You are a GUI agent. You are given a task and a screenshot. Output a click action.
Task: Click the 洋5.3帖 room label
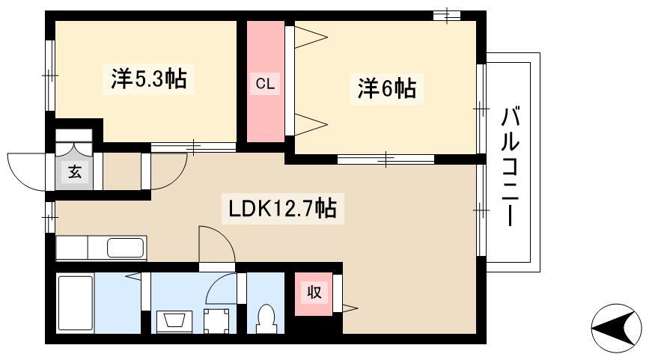coord(149,78)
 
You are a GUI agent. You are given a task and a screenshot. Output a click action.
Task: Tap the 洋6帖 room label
coord(386,88)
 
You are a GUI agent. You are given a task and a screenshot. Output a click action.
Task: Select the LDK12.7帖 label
coord(283,208)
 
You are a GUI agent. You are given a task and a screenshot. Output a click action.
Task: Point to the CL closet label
coord(265,84)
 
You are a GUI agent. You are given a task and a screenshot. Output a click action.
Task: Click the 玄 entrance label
coord(75,171)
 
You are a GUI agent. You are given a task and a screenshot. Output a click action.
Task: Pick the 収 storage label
coord(314,292)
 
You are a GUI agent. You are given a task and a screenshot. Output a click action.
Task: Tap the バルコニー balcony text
coord(510,166)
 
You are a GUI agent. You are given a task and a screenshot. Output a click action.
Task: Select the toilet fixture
coord(265,319)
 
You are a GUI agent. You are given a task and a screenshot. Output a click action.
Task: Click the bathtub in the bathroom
coord(76,303)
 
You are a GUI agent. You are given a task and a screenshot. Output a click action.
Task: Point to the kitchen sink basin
coord(126,248)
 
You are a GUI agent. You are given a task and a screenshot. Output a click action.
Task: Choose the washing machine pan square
coord(216,320)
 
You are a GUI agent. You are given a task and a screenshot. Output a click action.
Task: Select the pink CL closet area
coord(265,82)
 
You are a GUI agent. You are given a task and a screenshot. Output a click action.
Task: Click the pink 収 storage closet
coord(314,293)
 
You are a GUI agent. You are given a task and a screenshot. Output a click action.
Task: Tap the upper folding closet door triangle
coord(311,37)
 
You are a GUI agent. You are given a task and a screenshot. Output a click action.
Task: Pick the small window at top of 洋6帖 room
coord(447,15)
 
